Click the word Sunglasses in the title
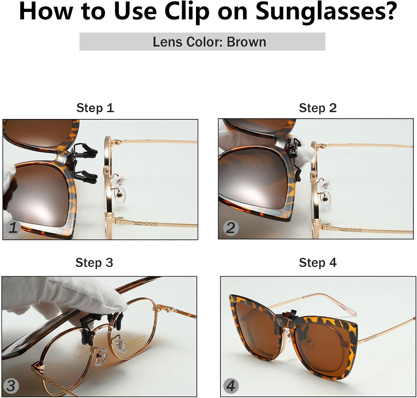(x=326, y=12)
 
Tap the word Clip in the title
(x=187, y=12)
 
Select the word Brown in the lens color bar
(x=246, y=42)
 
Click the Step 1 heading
(x=95, y=108)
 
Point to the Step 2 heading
(x=318, y=108)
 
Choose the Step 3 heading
(x=94, y=263)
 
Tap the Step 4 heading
(x=318, y=263)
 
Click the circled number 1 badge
(x=13, y=228)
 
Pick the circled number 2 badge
(x=231, y=228)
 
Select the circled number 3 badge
(x=11, y=386)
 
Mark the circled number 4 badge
(x=231, y=386)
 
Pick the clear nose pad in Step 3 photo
(x=101, y=357)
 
